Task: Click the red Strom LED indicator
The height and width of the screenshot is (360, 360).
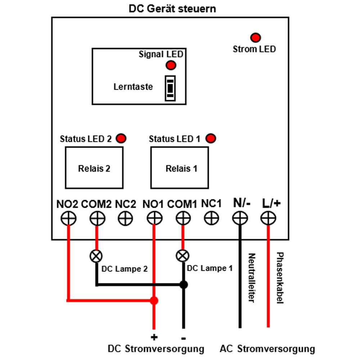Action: tap(256, 38)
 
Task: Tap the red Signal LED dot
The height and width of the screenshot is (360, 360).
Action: tap(171, 65)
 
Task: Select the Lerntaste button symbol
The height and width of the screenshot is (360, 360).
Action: tap(170, 89)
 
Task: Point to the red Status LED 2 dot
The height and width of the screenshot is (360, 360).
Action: tap(121, 139)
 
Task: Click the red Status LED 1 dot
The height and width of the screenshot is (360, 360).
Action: tap(211, 139)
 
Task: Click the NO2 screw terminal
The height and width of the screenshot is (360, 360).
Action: tap(68, 218)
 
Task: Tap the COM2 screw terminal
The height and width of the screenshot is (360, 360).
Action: tap(97, 218)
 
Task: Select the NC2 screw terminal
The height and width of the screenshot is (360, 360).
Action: tap(125, 218)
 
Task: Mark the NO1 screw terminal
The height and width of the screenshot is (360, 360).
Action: tap(154, 218)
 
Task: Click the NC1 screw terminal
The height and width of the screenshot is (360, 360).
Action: tap(211, 218)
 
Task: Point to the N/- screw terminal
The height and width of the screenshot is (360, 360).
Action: tap(240, 218)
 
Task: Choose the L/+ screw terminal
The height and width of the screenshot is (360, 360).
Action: tap(268, 218)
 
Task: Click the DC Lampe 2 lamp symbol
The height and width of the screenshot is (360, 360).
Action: tap(96, 256)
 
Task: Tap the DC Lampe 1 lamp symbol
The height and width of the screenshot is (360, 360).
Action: tap(183, 256)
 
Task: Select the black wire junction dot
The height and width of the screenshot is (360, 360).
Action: tap(184, 285)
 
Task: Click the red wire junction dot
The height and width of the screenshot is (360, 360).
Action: tap(154, 301)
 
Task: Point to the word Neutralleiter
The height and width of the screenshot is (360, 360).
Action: tap(252, 278)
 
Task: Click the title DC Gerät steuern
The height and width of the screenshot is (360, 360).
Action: tap(172, 9)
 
